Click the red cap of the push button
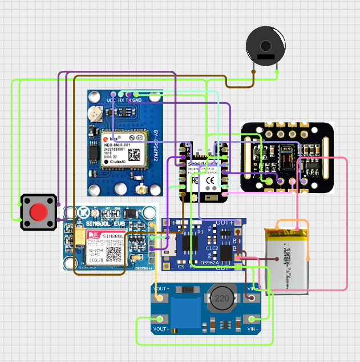click(38, 212)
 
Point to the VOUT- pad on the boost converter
click(160, 319)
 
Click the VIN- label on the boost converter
click(253, 329)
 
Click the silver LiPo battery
click(287, 259)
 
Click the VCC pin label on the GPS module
click(111, 100)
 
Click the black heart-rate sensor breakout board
click(288, 156)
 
